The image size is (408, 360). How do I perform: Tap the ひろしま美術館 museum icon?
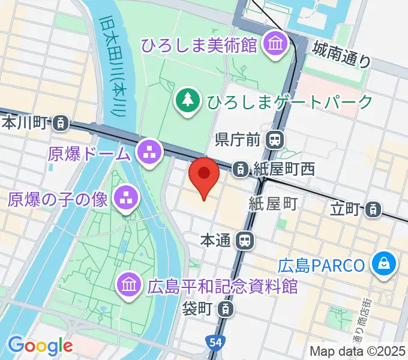[276, 44]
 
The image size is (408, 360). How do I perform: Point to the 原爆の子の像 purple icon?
[126, 199]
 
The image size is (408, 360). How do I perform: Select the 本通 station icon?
[245, 241]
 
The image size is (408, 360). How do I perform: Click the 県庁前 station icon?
[274, 140]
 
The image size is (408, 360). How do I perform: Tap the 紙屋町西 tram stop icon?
[240, 170]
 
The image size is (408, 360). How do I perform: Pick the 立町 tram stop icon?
[374, 209]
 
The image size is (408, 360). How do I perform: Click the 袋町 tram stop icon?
[225, 310]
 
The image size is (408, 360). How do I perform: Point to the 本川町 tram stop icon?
[60, 124]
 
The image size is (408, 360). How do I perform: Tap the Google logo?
[40, 345]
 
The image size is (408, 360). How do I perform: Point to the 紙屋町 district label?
[273, 205]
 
